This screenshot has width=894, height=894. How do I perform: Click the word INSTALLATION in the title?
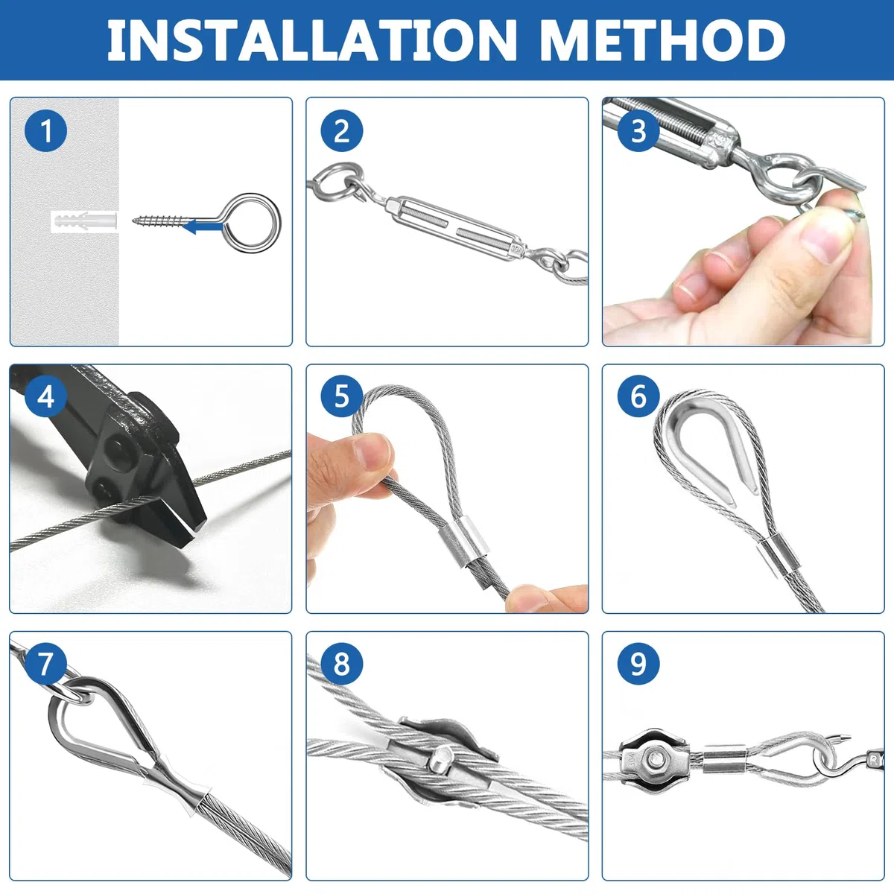click(311, 40)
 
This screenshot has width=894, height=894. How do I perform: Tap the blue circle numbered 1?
click(45, 131)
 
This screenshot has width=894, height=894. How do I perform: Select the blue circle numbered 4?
click(45, 397)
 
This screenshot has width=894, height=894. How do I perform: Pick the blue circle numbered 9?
click(638, 664)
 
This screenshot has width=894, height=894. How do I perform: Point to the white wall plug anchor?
click(84, 221)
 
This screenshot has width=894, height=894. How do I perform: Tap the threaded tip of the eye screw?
click(139, 220)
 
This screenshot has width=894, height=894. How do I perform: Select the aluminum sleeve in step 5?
click(466, 544)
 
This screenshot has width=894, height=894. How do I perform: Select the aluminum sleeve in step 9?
click(725, 759)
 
